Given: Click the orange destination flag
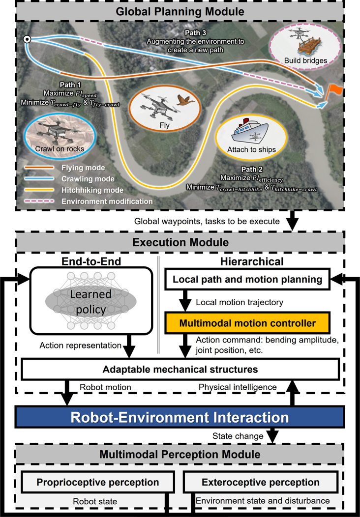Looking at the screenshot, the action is (x=334, y=91).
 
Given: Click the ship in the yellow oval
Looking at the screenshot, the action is (x=251, y=133).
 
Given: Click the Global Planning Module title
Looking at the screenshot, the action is (x=180, y=11).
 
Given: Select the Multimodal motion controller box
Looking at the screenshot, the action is (x=247, y=323).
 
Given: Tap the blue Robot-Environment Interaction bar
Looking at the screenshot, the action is (x=180, y=417).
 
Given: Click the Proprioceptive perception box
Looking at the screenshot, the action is (x=98, y=483).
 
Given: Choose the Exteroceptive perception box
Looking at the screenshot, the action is (x=260, y=483).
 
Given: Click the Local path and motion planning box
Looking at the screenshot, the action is (x=247, y=280).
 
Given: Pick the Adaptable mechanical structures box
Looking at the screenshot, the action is (x=180, y=369).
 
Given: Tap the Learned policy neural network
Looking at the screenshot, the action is (x=91, y=301).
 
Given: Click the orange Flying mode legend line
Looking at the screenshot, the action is (x=39, y=168).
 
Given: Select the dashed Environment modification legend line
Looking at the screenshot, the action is (x=39, y=201).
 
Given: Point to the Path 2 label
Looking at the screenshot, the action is (x=252, y=170).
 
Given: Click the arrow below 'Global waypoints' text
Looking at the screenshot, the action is (x=292, y=221).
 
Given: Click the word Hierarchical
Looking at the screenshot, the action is (x=252, y=261).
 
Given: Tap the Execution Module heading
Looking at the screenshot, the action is (x=180, y=242).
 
